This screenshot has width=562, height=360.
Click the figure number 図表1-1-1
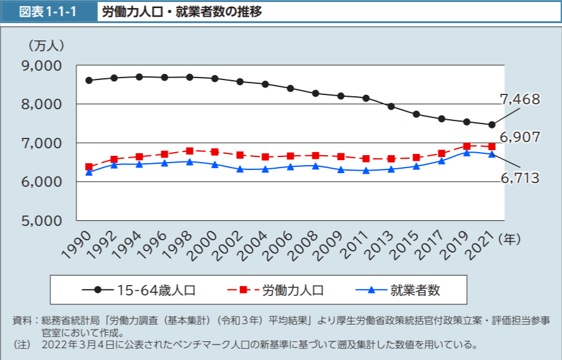(x=48, y=12)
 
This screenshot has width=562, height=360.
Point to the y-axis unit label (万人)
(x=46, y=45)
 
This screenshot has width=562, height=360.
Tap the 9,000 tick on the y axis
(x=41, y=65)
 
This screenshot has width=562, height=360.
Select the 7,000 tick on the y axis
(x=41, y=143)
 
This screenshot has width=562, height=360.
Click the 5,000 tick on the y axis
(x=41, y=220)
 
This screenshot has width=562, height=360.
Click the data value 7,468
(x=520, y=99)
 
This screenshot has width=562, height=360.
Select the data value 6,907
(x=520, y=137)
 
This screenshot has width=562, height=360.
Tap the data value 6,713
(x=520, y=179)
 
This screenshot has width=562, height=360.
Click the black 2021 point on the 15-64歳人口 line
(x=492, y=125)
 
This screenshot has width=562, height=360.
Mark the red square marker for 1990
(x=89, y=167)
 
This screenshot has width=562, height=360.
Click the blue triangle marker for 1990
(x=89, y=173)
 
